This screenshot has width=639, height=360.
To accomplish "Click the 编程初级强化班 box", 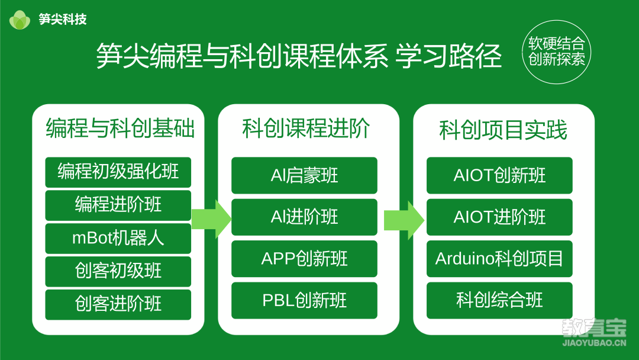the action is [x=118, y=172].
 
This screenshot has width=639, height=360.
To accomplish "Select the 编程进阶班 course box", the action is [x=118, y=205].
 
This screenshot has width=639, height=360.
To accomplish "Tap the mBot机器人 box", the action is [x=118, y=238].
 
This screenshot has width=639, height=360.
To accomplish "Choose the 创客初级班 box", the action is [x=118, y=271].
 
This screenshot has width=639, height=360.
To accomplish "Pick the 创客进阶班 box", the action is [x=118, y=304].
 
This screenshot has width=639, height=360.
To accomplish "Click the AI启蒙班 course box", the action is [x=305, y=175].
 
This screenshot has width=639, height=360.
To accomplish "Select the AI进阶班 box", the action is [x=305, y=217].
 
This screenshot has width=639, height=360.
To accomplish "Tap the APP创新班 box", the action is [x=305, y=259].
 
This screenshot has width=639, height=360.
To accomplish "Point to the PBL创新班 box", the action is [x=305, y=300].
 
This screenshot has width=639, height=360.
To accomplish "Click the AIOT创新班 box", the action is [x=499, y=175].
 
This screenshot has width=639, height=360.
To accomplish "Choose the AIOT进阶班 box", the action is [x=499, y=217].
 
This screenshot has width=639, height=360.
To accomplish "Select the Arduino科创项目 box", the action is [x=499, y=259].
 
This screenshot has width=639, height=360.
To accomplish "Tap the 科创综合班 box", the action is [x=499, y=300].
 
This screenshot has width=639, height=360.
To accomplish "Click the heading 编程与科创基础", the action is [x=120, y=128].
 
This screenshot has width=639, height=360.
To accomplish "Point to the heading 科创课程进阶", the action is [x=306, y=128].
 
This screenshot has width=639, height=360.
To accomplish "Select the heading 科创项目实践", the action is [x=504, y=130].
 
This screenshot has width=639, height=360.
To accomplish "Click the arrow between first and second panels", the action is [x=211, y=219].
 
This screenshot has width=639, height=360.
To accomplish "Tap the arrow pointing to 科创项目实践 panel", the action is [x=404, y=220].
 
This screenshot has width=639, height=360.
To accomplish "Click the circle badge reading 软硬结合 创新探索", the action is [x=557, y=52].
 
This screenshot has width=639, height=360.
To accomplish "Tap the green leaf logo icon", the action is [x=20, y=20].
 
